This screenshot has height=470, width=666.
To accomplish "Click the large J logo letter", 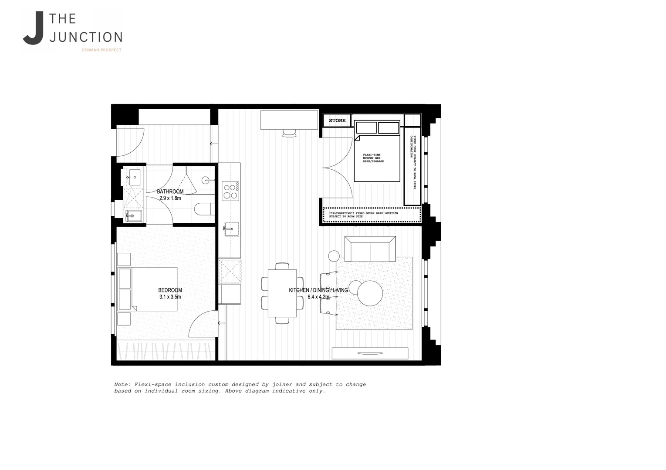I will (34, 29).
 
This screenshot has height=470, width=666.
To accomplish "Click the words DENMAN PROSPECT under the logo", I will (101, 50).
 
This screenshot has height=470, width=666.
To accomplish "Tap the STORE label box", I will (337, 121).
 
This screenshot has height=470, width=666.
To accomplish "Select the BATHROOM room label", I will (170, 191).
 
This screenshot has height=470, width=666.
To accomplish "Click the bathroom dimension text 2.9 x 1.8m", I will (170, 198).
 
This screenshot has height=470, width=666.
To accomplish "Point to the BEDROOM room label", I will (170, 290).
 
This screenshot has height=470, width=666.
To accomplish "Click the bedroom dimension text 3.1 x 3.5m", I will (170, 297).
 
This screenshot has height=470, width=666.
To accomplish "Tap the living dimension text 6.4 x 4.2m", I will (318, 297).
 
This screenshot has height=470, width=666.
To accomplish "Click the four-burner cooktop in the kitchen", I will (230, 191).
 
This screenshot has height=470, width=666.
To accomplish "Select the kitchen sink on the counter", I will (229, 229).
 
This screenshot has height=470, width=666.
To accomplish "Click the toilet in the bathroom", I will (204, 209).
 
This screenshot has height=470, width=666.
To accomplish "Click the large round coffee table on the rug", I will (370, 293).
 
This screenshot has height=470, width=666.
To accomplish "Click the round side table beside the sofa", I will (334, 256).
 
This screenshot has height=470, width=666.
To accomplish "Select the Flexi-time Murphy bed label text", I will (373, 158).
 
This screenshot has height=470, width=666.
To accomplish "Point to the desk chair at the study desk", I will (289, 133).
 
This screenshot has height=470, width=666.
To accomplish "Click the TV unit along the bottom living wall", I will (370, 353).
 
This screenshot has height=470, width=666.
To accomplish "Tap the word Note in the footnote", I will (122, 385).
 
